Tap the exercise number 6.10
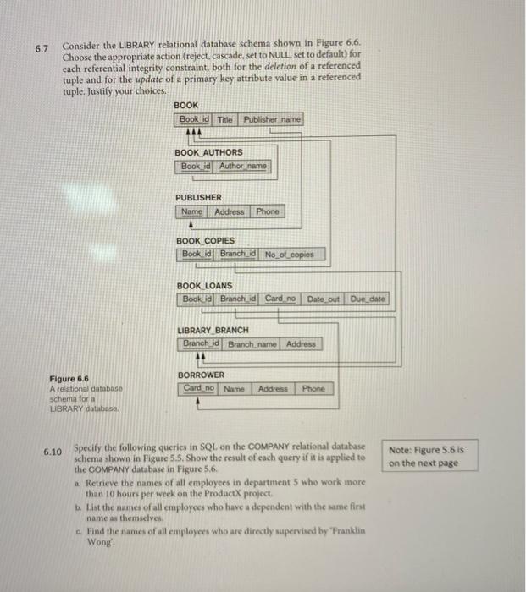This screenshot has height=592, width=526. point(53,452)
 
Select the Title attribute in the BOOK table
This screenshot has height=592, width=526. point(224,120)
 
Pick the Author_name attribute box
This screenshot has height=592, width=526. point(242,166)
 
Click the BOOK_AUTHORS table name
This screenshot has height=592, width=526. point(208,152)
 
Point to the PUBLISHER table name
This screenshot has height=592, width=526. point(198,197)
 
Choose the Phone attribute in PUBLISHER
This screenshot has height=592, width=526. point(269,211)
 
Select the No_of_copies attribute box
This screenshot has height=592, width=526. point(288,254)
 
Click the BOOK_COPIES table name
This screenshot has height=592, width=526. point(206,240)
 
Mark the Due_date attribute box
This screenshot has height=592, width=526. point(368,299)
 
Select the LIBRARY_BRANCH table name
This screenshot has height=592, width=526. point(213,330)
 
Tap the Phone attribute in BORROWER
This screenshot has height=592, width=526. point(313,389)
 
